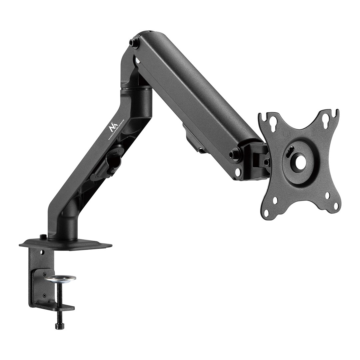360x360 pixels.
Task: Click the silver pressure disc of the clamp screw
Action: tap(60, 278)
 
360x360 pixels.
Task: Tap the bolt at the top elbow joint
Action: tap(134, 43)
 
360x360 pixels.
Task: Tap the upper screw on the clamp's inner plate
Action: tap(45, 274)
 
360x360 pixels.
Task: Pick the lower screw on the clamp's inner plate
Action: tap(44, 295)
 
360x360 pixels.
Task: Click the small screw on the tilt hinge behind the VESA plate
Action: tap(267, 162)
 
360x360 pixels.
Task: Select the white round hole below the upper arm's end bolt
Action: tap(238, 172)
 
